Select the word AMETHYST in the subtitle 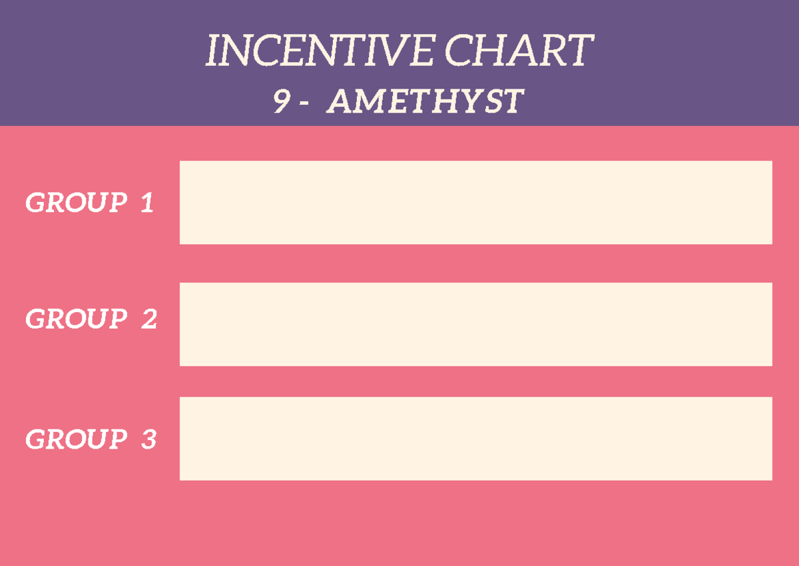pos(425,102)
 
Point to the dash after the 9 pos(304,103)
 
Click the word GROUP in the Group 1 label pos(76,203)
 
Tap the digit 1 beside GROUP pos(147,203)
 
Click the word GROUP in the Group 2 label pos(76,319)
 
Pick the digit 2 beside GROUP pos(148,320)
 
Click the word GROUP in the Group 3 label pos(76,439)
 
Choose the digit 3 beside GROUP pos(148,439)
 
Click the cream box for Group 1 pos(475,202)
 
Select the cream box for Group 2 pos(475,324)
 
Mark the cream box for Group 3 pos(475,439)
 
